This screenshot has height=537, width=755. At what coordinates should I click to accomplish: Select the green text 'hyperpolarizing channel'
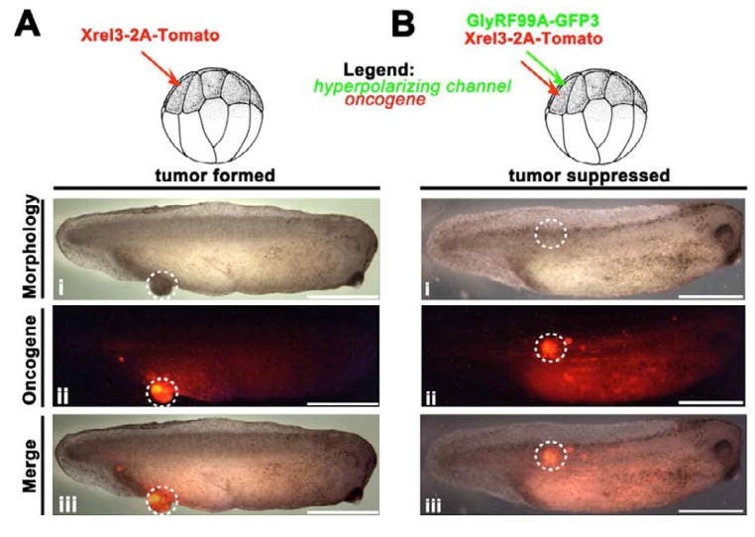coord(427,86)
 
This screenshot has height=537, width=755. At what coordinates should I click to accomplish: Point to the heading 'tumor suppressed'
coord(583,176)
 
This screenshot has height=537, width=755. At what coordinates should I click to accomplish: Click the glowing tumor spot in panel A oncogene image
coord(162,391)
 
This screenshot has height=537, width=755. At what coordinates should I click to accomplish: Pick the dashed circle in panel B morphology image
coord(551,234)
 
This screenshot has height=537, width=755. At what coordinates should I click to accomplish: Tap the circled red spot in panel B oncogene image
coord(550,348)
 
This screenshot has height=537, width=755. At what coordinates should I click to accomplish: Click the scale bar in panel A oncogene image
coord(344,404)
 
